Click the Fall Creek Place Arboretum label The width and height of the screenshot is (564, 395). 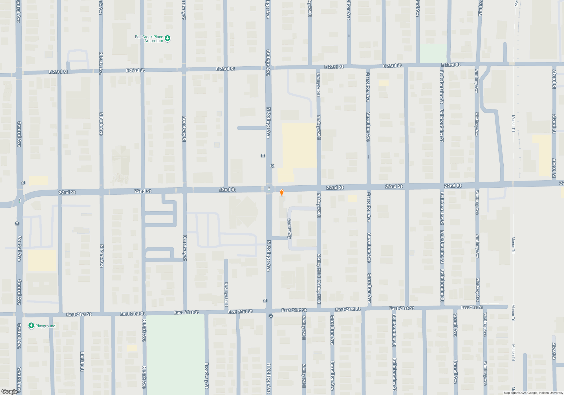(149, 39)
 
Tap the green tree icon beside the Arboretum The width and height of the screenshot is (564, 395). (168, 38)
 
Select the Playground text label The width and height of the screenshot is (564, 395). (45, 326)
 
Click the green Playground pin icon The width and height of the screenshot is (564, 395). (31, 326)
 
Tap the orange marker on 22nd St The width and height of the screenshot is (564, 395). (281, 193)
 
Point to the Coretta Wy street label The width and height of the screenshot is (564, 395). (289, 229)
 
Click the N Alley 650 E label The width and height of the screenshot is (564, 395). (226, 295)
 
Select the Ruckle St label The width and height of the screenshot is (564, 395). (82, 361)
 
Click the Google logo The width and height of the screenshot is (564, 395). (9, 391)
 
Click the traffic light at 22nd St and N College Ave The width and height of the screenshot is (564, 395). (269, 189)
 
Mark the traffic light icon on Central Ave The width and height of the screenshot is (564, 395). (20, 201)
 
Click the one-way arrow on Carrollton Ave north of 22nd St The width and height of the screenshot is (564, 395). (368, 157)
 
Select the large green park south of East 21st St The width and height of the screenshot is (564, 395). (176, 354)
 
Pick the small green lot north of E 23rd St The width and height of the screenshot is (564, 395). (433, 53)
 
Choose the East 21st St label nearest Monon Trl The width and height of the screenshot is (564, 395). (472, 307)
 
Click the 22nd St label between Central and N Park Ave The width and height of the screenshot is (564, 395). (67, 192)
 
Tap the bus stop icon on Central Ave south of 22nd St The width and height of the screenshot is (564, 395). (17, 223)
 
